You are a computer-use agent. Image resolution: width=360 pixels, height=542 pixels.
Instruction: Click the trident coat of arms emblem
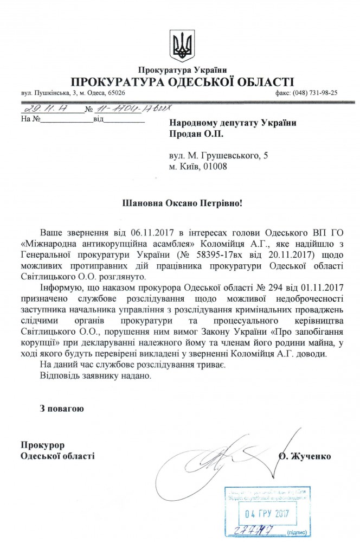coord(180,45)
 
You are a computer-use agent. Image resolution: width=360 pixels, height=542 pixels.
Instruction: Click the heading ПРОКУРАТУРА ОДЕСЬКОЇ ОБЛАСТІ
coord(180,82)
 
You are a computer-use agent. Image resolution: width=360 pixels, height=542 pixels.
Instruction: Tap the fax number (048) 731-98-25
coord(315,93)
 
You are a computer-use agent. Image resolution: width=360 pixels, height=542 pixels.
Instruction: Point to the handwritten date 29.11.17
coord(38,110)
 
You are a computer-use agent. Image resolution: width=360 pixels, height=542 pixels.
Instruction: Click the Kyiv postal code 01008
coord(212,167)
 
